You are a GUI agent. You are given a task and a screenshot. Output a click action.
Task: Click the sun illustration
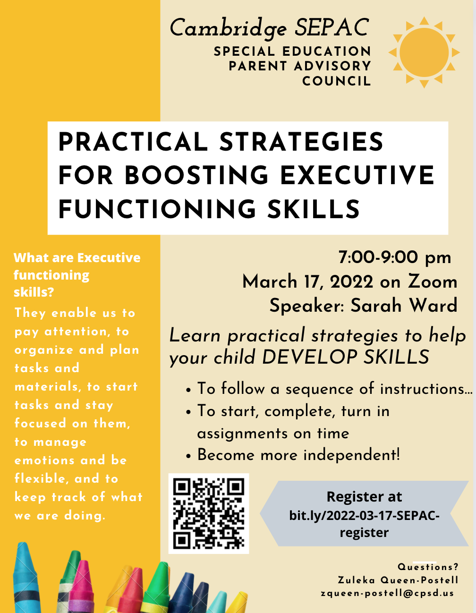pyautogui.click(x=424, y=52)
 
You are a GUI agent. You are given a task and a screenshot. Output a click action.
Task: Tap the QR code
pyautogui.click(x=208, y=513)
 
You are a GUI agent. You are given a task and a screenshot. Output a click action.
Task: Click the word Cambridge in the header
pyautogui.click(x=228, y=28)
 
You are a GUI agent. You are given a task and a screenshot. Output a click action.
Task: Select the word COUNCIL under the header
pyautogui.click(x=337, y=81)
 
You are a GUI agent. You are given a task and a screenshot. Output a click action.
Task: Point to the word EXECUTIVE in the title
pyautogui.click(x=357, y=175)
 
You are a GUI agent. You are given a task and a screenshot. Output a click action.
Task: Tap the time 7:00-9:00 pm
pyautogui.click(x=395, y=257)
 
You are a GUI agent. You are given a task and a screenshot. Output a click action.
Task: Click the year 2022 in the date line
pyautogui.click(x=351, y=282)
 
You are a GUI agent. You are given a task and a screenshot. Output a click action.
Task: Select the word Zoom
pyautogui.click(x=433, y=281)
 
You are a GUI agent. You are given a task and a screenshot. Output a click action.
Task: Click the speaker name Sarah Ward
pyautogui.click(x=404, y=306)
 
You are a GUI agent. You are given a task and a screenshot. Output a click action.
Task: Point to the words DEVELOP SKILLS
pyautogui.click(x=345, y=358)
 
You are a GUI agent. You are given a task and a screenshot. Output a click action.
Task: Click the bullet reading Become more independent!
pyautogui.click(x=298, y=455)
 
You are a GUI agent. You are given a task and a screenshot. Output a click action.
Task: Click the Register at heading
pyautogui.click(x=364, y=497)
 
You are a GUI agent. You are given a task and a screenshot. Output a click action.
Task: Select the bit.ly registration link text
pyautogui.click(x=364, y=523)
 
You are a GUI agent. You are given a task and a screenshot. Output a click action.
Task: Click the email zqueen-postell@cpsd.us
pyautogui.click(x=387, y=593)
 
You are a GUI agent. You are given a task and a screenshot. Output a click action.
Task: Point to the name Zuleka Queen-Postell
pyautogui.click(x=398, y=580)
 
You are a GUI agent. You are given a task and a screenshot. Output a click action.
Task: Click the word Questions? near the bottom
pyautogui.click(x=428, y=567)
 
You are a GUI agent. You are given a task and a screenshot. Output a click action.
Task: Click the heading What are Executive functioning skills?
pyautogui.click(x=77, y=274)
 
